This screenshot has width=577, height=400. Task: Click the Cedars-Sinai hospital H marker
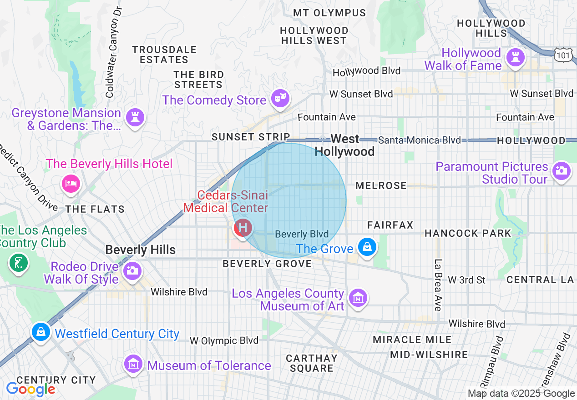click(x=243, y=227)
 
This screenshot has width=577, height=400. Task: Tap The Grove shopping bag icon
click(x=366, y=247)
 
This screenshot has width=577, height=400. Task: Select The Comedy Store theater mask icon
click(x=279, y=97)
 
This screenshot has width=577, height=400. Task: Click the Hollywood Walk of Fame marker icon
click(x=516, y=58)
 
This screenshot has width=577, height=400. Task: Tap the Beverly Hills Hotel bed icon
click(x=71, y=184)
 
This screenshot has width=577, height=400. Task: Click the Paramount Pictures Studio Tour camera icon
click(x=561, y=171)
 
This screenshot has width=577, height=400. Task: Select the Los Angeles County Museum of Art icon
click(x=358, y=298)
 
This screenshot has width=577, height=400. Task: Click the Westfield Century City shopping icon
click(x=41, y=332)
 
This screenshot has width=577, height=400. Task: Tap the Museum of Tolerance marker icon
click(x=133, y=364)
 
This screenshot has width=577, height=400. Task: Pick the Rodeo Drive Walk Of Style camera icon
click(x=132, y=270)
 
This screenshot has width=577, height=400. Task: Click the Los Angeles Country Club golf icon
click(x=18, y=262)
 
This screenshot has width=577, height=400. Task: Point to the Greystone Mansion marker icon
click(x=135, y=116)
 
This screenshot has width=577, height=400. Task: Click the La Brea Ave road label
click(x=438, y=285)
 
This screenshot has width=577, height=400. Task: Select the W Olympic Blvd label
click(x=224, y=340)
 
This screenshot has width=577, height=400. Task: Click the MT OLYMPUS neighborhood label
click(x=329, y=13)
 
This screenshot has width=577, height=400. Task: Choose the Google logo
click(x=30, y=389)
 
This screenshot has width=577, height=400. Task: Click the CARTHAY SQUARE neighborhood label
click(x=312, y=363)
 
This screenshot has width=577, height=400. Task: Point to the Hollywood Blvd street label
click(x=366, y=71)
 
